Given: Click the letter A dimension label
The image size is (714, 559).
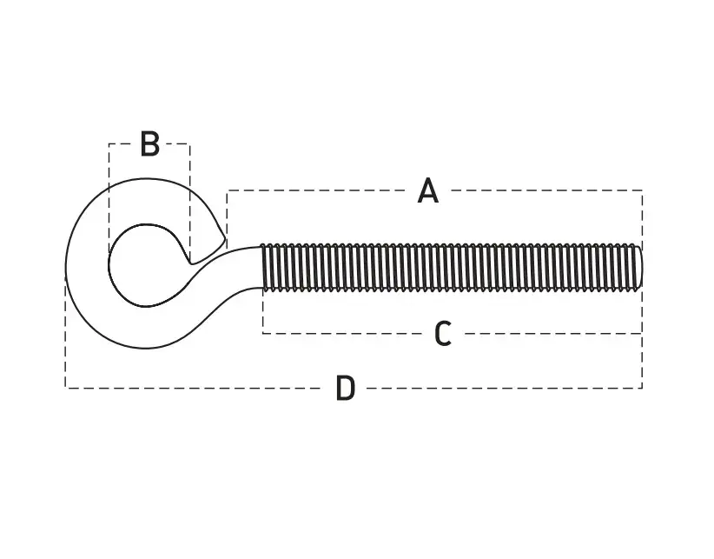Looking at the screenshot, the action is (x=428, y=190).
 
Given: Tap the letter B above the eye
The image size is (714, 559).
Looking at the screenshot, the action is (x=149, y=144).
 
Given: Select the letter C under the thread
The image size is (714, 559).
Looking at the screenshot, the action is (x=443, y=334).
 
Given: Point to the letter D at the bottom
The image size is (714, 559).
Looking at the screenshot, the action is (x=345, y=388).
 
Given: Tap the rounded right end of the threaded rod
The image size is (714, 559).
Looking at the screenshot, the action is (x=641, y=268).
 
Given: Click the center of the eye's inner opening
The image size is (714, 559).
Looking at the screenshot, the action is (x=147, y=265).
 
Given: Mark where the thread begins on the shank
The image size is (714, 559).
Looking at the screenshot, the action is (x=262, y=268).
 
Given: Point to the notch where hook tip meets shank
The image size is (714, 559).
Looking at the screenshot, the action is (x=191, y=263).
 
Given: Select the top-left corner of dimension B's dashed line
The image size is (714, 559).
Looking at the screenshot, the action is (x=109, y=144).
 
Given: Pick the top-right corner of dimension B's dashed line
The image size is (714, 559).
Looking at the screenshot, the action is (x=190, y=144).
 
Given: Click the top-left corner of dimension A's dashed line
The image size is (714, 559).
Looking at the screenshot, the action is (x=227, y=190).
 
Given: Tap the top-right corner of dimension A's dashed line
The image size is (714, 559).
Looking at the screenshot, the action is (x=643, y=190).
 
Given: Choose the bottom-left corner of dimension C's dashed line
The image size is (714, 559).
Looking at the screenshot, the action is (x=262, y=334).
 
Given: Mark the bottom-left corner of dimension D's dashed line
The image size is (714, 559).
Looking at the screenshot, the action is (x=65, y=388).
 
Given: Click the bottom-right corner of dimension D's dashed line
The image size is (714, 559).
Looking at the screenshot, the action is (x=642, y=388).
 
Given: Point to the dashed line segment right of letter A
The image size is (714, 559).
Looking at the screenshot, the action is (x=546, y=190).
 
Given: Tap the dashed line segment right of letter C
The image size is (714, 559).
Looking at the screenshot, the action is (x=552, y=334).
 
